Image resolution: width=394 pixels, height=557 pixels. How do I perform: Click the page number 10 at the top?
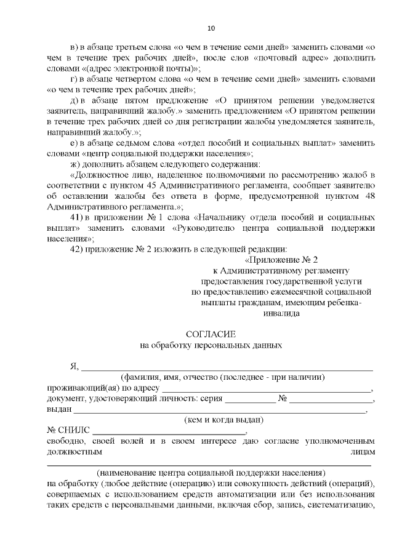click(x=211, y=28)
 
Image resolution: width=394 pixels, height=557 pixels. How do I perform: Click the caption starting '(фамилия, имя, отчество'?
click(x=222, y=377)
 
